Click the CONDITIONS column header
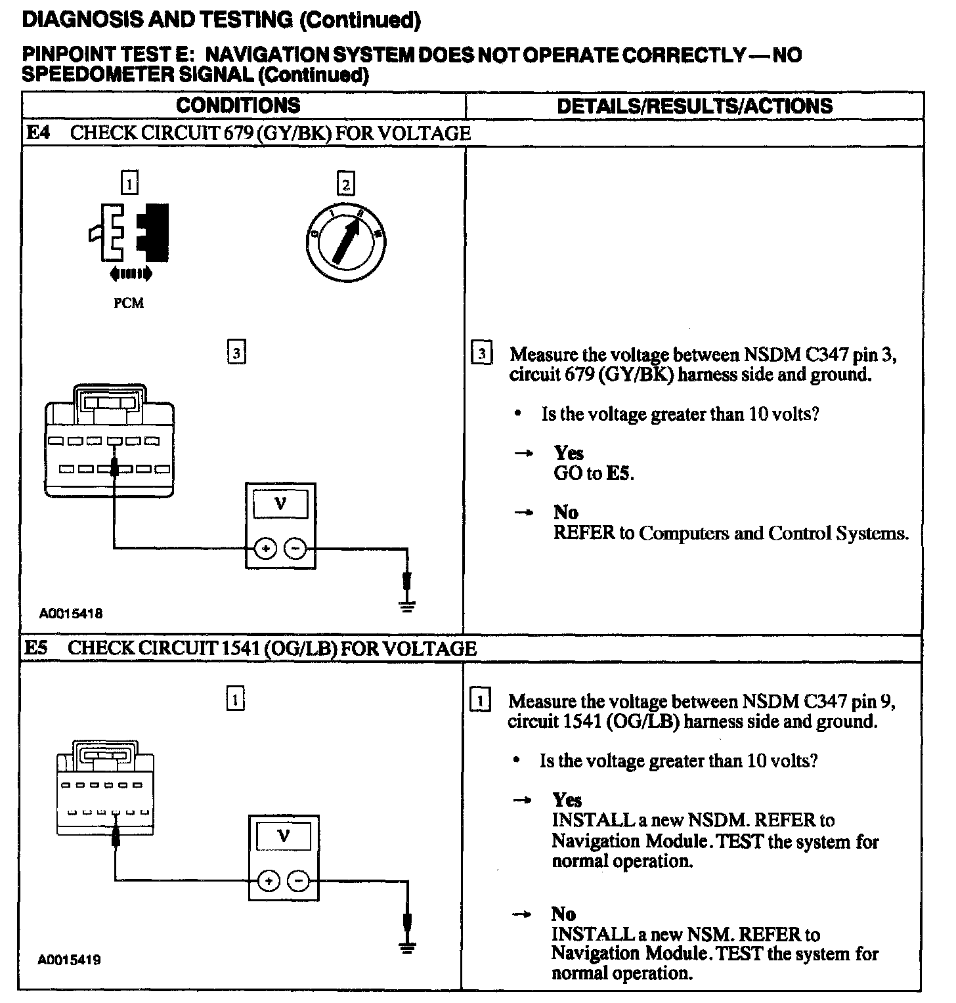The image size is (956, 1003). click(x=238, y=105)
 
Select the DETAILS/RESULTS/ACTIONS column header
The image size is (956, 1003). click(x=694, y=106)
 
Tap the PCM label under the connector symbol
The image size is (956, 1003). click(x=128, y=303)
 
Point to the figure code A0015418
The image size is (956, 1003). click(x=70, y=614)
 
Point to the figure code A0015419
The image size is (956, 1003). click(x=70, y=960)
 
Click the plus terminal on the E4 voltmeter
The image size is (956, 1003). click(x=265, y=547)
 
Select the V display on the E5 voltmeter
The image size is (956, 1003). click(x=284, y=836)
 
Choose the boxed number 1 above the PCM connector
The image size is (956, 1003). click(x=129, y=183)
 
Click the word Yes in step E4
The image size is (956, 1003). click(x=569, y=453)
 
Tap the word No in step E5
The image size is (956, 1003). click(x=563, y=914)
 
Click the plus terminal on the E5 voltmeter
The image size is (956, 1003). click(x=268, y=881)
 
